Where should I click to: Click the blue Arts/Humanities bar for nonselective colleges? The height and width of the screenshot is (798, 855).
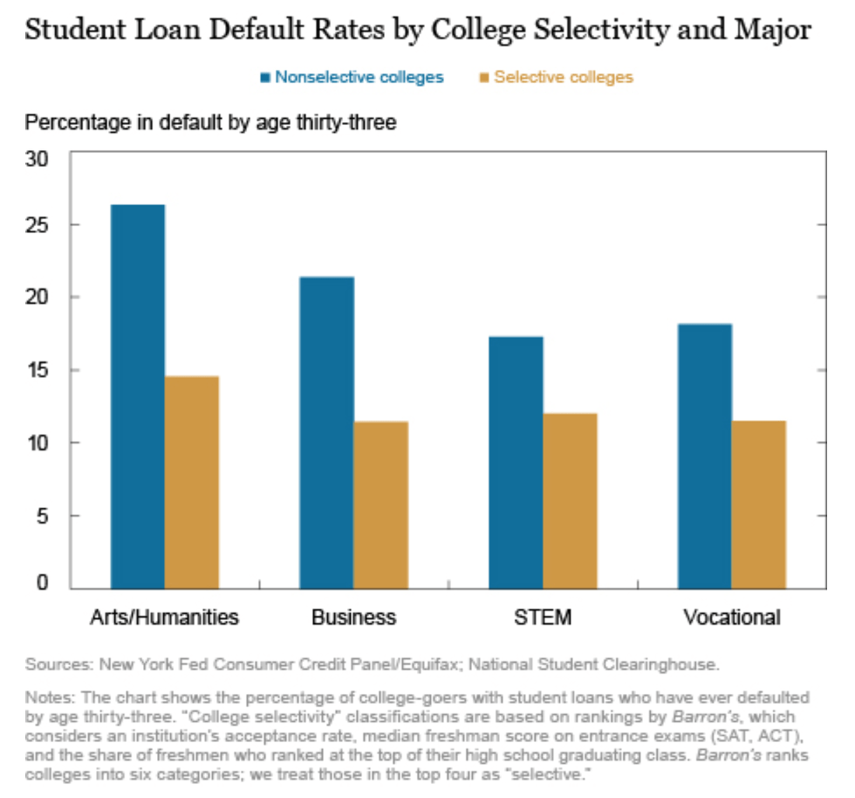[138, 395]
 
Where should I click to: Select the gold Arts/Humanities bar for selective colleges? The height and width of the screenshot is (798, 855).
[192, 481]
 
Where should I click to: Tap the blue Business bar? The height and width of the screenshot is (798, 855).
[327, 431]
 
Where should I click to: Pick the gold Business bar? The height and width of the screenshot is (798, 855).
[381, 504]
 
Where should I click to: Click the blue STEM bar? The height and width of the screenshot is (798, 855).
[516, 461]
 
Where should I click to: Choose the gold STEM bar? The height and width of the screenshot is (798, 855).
[570, 499]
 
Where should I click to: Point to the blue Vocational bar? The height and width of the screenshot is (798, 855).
[705, 455]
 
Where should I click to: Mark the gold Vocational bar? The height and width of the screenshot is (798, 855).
[759, 503]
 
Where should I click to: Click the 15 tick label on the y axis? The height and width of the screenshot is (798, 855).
[47, 371]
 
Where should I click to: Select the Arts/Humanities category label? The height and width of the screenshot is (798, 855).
[165, 618]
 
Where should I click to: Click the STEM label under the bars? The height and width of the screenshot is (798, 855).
[543, 618]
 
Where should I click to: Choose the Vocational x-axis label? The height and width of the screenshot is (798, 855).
[732, 618]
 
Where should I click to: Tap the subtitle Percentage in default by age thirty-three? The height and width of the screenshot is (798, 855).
[211, 123]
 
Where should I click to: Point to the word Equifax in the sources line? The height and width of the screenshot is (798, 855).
[425, 664]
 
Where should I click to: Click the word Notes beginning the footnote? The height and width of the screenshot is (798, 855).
[48, 698]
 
